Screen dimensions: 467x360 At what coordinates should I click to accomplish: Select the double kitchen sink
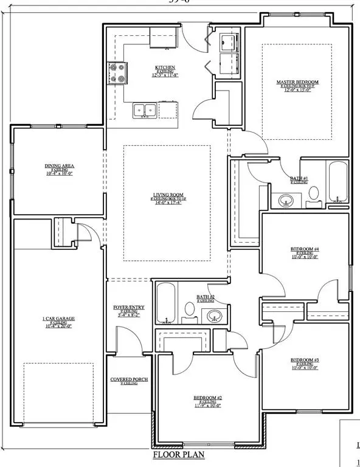tap(145, 110)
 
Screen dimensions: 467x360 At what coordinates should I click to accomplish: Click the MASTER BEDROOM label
tap(297, 82)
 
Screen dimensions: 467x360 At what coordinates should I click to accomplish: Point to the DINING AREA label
tap(60, 165)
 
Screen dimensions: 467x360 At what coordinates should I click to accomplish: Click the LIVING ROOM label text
tap(168, 195)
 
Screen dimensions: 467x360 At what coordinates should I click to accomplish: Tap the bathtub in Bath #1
tap(337, 181)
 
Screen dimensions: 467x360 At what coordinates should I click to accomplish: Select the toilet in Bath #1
tap(314, 193)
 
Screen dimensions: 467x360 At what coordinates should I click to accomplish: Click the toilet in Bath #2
tap(189, 310)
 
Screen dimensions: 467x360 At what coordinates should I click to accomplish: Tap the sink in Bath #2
tap(213, 316)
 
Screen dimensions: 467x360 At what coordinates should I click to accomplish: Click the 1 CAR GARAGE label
tap(58, 319)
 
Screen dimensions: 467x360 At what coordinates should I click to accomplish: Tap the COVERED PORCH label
tap(126, 379)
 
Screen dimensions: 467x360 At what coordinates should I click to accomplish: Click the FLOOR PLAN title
tap(178, 454)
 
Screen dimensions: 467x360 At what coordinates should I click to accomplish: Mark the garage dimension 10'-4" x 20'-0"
tap(58, 327)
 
